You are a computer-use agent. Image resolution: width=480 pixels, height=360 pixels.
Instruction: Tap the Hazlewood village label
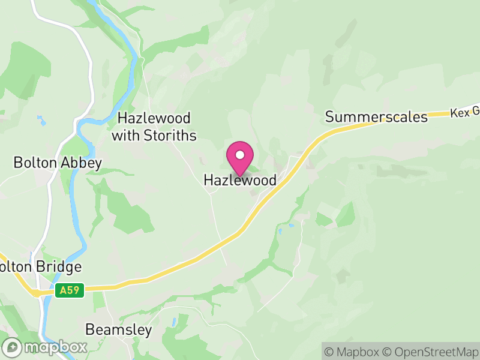240,180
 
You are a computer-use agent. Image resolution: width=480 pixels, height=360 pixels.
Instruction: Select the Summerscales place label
376,116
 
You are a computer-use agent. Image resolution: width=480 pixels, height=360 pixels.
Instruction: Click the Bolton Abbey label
58,163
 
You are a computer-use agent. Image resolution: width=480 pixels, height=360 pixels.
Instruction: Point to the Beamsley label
118,329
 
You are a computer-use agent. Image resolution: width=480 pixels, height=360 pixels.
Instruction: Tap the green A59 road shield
68,290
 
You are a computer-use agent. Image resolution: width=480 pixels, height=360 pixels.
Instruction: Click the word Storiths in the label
171,136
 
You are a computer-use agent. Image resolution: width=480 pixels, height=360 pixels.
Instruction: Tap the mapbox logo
45,347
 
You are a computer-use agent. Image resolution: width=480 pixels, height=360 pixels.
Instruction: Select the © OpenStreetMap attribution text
431,352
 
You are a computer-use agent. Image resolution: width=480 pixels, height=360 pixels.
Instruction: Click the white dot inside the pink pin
239,154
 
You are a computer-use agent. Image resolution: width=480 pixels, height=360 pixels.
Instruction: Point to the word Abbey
82,163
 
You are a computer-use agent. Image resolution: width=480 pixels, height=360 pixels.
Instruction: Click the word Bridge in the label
59,266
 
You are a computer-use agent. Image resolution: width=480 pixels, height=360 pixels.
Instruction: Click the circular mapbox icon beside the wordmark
12,347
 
